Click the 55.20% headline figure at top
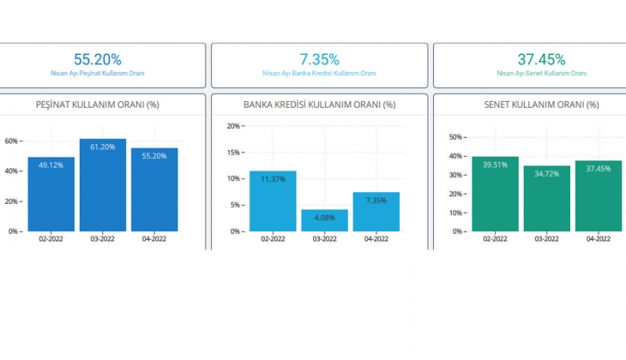(x=97, y=59)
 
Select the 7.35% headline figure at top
(x=319, y=59)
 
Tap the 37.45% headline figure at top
(x=541, y=59)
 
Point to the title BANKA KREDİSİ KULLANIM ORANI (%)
(x=318, y=105)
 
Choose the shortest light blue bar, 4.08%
(x=324, y=220)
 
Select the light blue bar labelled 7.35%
(x=376, y=213)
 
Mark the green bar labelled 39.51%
(x=496, y=195)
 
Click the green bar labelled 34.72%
(x=547, y=200)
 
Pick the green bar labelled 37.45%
(x=599, y=197)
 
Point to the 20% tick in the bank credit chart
(x=232, y=126)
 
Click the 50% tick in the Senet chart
(x=456, y=136)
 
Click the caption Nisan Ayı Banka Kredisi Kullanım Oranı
(x=319, y=74)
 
